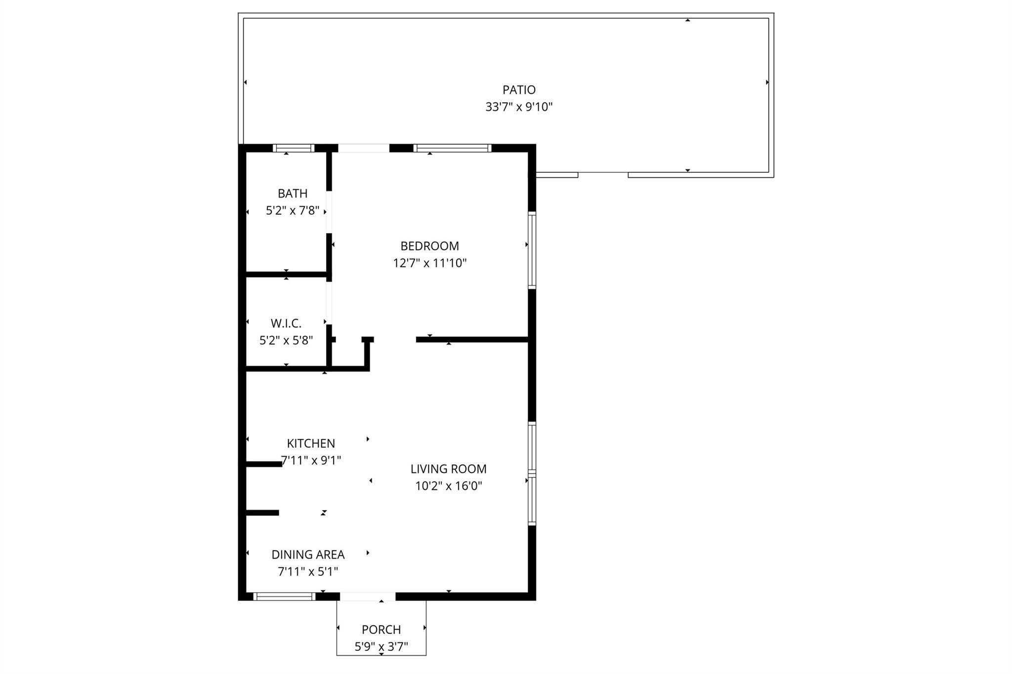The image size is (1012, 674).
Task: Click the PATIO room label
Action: point(519,90)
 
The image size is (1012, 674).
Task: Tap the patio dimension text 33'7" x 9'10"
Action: point(519,107)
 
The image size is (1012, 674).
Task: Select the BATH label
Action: point(293,194)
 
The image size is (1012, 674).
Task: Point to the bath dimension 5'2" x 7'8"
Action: point(293,211)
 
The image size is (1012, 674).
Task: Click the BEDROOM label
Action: point(429,246)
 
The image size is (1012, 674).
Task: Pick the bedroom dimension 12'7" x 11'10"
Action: point(429,263)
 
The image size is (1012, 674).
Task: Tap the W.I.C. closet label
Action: point(286,323)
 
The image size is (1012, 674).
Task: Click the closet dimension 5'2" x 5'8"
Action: point(286,341)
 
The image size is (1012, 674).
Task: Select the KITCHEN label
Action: point(311,443)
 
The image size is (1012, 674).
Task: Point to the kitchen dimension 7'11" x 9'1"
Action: point(311,461)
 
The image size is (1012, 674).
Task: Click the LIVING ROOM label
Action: point(448,469)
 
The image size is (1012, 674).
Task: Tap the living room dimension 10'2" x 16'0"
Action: point(448,486)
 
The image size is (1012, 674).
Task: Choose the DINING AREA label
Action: point(308,555)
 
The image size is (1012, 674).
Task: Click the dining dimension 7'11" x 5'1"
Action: point(308,572)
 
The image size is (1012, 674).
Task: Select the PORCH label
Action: point(381,630)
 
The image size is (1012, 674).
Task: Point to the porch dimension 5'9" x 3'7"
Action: point(381,647)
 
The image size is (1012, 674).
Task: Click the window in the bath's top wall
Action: point(294,148)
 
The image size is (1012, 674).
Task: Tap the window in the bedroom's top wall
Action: point(452,148)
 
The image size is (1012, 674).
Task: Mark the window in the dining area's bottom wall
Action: point(285,596)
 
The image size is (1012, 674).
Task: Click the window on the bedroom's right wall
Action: point(532,250)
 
